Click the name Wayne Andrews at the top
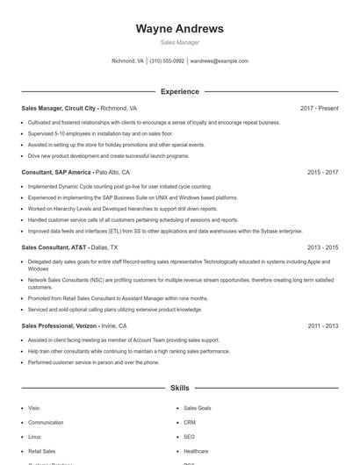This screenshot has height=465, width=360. [179, 28]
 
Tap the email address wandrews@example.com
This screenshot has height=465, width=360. [219, 61]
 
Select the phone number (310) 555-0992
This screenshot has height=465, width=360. [167, 61]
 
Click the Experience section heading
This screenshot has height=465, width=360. [179, 91]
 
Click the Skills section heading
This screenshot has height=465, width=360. [179, 387]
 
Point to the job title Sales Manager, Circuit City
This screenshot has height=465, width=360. [59, 108]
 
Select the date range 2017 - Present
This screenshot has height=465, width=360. [319, 108]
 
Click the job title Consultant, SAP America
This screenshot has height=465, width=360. [56, 173]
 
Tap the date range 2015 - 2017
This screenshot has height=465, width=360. [322, 173]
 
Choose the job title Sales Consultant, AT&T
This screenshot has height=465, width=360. [54, 247]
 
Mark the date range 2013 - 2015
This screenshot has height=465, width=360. [322, 247]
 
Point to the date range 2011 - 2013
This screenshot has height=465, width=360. [322, 325]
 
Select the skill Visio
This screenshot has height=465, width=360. [34, 408]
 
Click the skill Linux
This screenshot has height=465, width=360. [34, 436]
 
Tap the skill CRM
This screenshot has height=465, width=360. [189, 422]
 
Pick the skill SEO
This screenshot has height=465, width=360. [189, 436]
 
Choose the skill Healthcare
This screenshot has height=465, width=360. [196, 450]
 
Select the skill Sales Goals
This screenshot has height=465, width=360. [197, 408]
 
